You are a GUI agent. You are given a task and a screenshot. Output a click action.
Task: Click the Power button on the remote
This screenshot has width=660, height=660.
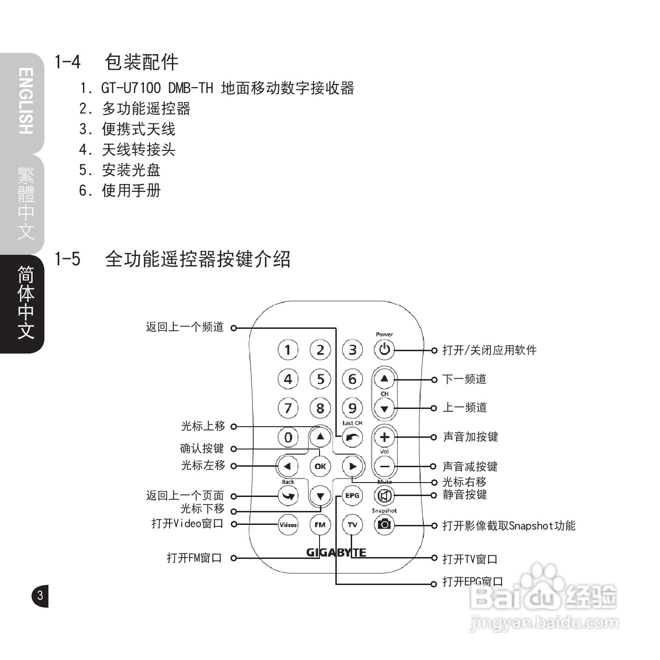pyautogui.click(x=384, y=349)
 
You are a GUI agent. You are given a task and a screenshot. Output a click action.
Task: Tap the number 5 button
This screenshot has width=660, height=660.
pyautogui.click(x=320, y=379)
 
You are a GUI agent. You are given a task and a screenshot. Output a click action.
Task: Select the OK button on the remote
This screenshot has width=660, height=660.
pyautogui.click(x=320, y=466)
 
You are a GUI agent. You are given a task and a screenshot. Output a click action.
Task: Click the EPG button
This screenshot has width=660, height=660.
pyautogui.click(x=352, y=495)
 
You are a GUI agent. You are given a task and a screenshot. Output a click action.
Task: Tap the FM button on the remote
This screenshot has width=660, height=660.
pyautogui.click(x=320, y=524)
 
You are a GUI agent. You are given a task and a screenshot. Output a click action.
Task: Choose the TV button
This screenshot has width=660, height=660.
pyautogui.click(x=352, y=524)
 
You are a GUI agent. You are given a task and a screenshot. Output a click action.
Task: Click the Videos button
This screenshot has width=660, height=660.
pyautogui.click(x=288, y=524)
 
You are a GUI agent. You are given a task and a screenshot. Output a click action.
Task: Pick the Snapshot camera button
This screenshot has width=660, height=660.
pyautogui.click(x=384, y=524)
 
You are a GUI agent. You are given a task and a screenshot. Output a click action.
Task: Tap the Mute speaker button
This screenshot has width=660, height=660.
pyautogui.click(x=384, y=495)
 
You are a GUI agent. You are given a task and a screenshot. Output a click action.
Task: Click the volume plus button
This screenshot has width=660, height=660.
pyautogui.click(x=384, y=437)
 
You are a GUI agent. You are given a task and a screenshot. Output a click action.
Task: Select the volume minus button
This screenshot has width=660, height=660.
pyautogui.click(x=384, y=466)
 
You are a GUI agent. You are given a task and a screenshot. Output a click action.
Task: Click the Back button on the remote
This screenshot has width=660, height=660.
pyautogui.click(x=288, y=495)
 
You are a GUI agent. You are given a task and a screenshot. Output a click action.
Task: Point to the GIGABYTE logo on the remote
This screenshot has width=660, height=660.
pyautogui.click(x=336, y=552)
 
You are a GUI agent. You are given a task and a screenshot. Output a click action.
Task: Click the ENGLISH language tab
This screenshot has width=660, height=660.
pyautogui.click(x=26, y=102)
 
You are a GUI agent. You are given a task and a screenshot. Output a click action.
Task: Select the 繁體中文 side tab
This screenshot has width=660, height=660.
pyautogui.click(x=26, y=203)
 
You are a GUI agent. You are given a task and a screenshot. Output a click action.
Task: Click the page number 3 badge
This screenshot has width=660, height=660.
pyautogui.click(x=40, y=595)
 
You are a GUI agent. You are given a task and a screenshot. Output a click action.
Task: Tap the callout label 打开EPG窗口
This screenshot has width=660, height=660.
pyautogui.click(x=472, y=582)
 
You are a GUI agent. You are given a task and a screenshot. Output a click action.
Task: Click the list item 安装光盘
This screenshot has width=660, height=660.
pyautogui.click(x=131, y=170)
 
